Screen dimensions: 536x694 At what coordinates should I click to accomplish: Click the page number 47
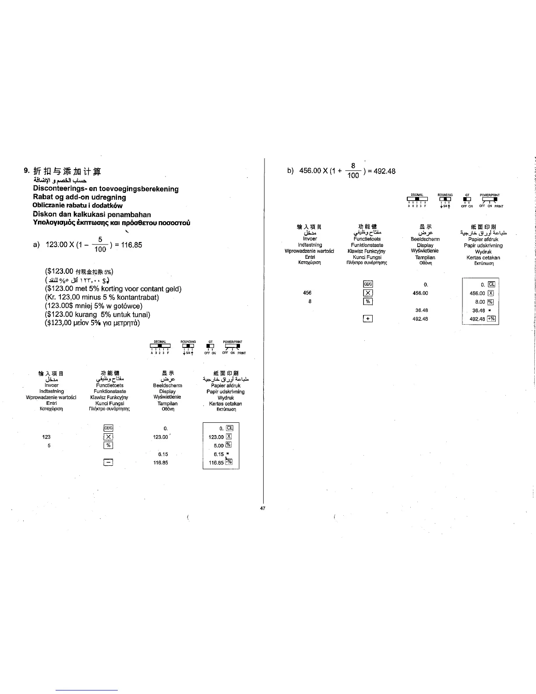263,508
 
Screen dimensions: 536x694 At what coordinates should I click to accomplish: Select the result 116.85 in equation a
132,110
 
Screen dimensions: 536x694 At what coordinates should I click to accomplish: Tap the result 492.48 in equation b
384,171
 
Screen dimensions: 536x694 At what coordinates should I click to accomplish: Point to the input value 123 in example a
46,437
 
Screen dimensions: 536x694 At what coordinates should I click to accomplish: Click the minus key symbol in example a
108,462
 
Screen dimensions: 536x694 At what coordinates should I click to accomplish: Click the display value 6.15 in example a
163,454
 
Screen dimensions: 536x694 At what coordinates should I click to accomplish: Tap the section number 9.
27,171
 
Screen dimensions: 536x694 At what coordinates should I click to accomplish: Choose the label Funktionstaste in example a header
110,391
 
